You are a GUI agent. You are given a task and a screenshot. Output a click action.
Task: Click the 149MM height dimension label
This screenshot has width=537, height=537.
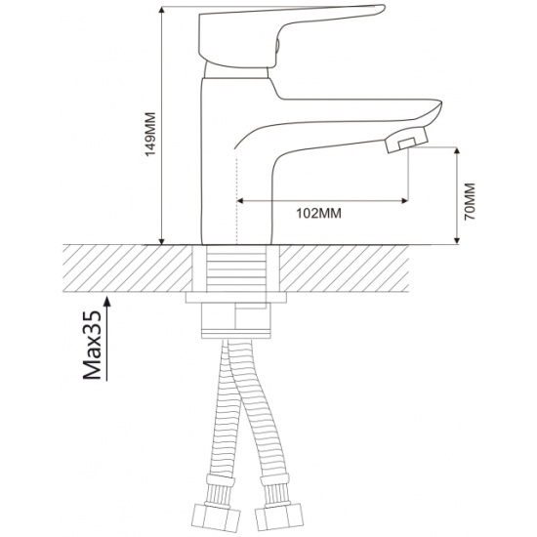[x=150, y=134]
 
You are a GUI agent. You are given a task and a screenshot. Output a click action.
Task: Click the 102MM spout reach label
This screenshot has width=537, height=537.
[x=318, y=214]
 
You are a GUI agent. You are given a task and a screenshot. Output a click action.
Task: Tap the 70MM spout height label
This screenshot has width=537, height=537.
[x=471, y=201]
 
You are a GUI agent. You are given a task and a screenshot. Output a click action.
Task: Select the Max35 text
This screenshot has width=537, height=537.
[x=93, y=346]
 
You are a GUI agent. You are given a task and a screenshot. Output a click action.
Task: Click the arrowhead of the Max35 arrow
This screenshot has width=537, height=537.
[x=107, y=301]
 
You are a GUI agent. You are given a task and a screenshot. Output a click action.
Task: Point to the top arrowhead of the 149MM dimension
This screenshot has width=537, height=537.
[x=162, y=11]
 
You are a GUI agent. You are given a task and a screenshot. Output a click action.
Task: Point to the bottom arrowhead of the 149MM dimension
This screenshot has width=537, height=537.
[x=162, y=240]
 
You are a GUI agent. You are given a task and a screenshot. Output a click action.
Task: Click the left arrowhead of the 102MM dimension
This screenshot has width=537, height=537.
[x=240, y=201]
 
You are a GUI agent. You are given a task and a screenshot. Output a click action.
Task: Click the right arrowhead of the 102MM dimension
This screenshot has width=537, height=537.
[x=404, y=201]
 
